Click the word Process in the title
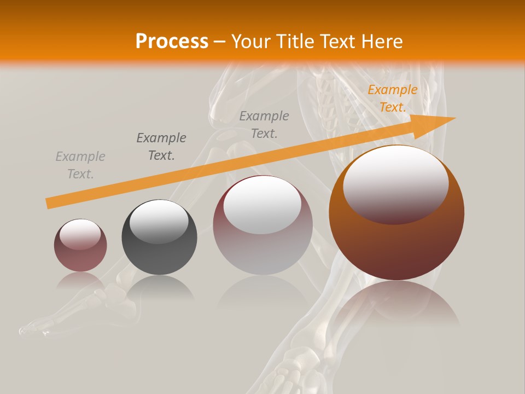point(172,41)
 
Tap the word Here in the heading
point(382,41)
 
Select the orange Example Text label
point(392,99)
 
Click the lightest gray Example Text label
point(80,165)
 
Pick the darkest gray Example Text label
point(161,147)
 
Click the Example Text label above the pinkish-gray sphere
point(264,124)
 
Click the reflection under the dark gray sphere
point(159,287)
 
